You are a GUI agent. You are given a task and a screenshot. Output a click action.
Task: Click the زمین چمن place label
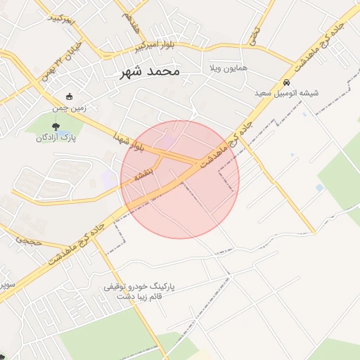click(69, 109)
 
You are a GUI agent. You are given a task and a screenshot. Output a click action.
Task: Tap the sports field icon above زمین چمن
click(69, 97)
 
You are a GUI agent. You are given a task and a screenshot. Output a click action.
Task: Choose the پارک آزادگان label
click(56, 139)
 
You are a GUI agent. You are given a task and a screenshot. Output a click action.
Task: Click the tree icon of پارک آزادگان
click(56, 126)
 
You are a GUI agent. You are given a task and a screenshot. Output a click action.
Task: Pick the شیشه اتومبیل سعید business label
click(289, 93)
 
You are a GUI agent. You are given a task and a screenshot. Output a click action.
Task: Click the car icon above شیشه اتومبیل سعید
click(287, 82)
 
